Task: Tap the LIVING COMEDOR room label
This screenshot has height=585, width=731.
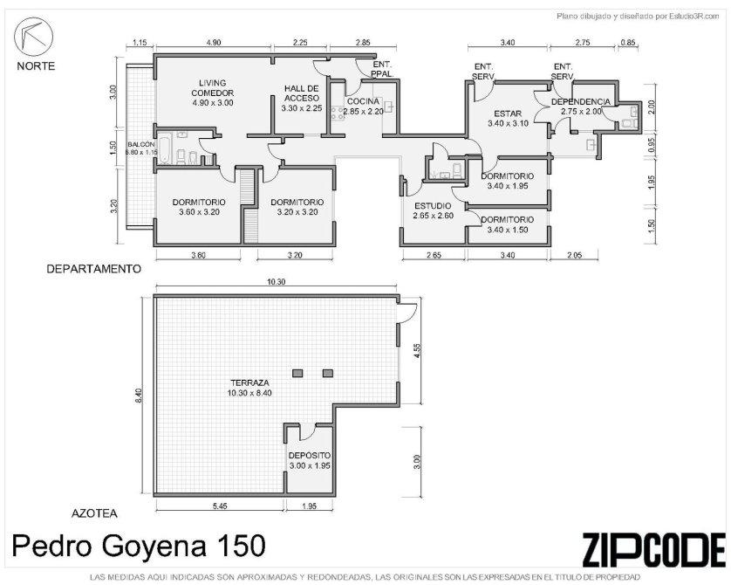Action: [x=213, y=93]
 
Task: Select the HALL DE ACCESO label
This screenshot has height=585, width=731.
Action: [x=302, y=98]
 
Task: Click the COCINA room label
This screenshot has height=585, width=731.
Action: [x=363, y=107]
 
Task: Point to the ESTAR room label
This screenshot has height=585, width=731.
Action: [x=509, y=119]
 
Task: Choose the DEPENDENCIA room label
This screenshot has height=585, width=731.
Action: [x=580, y=107]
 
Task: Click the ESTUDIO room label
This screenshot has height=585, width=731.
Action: [x=433, y=210]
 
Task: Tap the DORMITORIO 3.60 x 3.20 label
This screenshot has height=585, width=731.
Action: [x=199, y=207]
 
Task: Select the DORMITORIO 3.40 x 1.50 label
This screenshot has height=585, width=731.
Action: [x=508, y=224]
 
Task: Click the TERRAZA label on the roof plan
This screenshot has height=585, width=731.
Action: [x=249, y=388]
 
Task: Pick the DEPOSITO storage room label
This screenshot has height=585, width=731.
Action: [x=310, y=460]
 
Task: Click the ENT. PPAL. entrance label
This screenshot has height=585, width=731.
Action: [x=383, y=70]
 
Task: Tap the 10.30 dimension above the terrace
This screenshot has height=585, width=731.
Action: [x=276, y=282]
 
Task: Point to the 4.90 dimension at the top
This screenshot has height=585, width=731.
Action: [x=213, y=43]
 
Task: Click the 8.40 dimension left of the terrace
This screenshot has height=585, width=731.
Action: [x=138, y=396]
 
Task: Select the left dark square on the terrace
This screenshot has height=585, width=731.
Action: [x=298, y=373]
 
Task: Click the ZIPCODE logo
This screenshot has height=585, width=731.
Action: [x=654, y=549]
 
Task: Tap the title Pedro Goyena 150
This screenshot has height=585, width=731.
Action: [x=139, y=546]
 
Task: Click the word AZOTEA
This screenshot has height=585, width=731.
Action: [x=94, y=513]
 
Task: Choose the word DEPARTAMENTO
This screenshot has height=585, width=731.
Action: [x=93, y=269]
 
